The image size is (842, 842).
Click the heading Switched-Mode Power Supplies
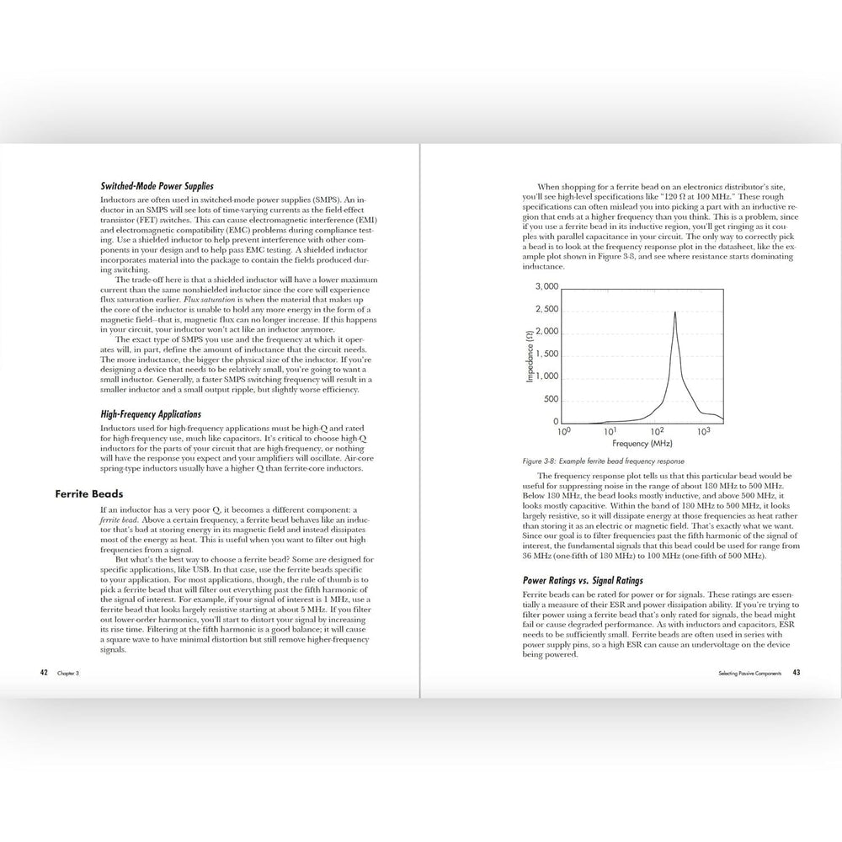pyautogui.click(x=157, y=186)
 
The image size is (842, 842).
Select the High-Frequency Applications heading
pyautogui.click(x=151, y=414)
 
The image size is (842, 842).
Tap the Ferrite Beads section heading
pyautogui.click(x=90, y=494)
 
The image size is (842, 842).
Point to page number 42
pyautogui.click(x=44, y=673)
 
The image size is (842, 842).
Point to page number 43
pyautogui.click(x=796, y=673)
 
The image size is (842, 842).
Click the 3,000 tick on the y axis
pyautogui.click(x=547, y=286)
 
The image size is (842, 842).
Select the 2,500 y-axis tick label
pyautogui.click(x=547, y=309)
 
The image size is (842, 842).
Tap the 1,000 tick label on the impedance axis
pyautogui.click(x=547, y=376)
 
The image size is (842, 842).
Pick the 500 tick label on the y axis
pyautogui.click(x=551, y=399)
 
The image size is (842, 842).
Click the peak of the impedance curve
pyautogui.click(x=674, y=312)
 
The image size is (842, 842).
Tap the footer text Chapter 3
pyautogui.click(x=68, y=674)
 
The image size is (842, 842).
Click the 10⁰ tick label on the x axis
pyautogui.click(x=564, y=431)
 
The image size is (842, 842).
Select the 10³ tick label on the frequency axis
pyautogui.click(x=704, y=430)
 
